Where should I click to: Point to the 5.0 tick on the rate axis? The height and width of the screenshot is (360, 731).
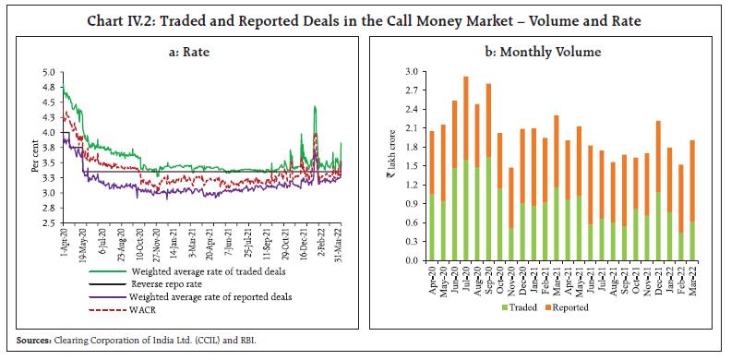(x=49, y=72)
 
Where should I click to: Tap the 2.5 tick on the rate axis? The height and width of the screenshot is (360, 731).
(x=49, y=222)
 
